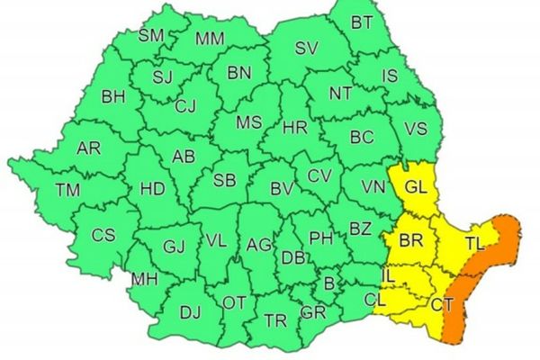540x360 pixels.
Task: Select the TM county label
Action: pyautogui.click(x=67, y=190)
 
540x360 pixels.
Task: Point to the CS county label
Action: pyautogui.click(x=103, y=236)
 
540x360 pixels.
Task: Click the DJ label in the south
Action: pyautogui.click(x=190, y=312)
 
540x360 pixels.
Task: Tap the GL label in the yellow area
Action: pyautogui.click(x=415, y=189)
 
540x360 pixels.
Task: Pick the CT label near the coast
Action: pyautogui.click(x=441, y=306)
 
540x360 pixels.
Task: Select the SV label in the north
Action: pyautogui.click(x=307, y=48)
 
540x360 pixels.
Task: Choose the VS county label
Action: pyautogui.click(x=417, y=129)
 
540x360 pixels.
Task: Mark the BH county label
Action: pyautogui.click(x=113, y=95)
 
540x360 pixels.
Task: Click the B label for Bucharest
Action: pyautogui.click(x=328, y=283)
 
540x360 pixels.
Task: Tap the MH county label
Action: pyautogui.click(x=145, y=280)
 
